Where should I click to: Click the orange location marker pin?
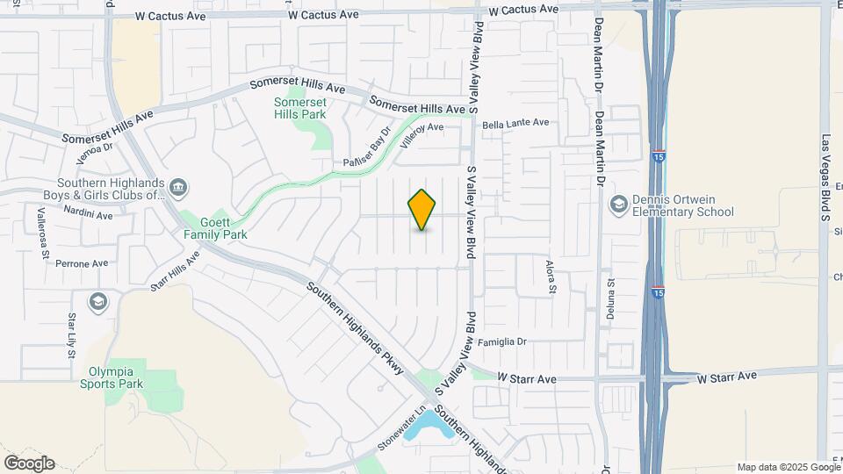tap(422, 210)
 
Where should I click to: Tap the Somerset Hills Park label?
tap(299, 108)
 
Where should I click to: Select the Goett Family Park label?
tap(215, 228)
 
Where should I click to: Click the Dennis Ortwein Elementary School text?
tap(684, 205)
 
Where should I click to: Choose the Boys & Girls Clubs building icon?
tap(178, 187)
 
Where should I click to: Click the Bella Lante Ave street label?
tap(515, 124)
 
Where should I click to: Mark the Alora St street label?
tap(551, 276)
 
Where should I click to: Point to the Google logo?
tap(29, 463)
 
